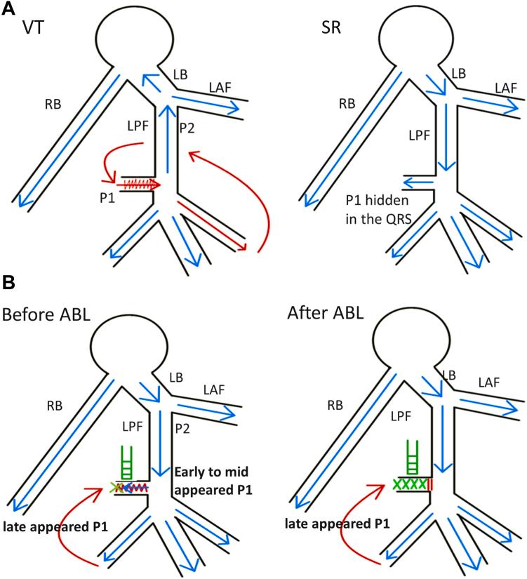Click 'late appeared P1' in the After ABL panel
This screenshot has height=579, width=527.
point(330,521)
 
